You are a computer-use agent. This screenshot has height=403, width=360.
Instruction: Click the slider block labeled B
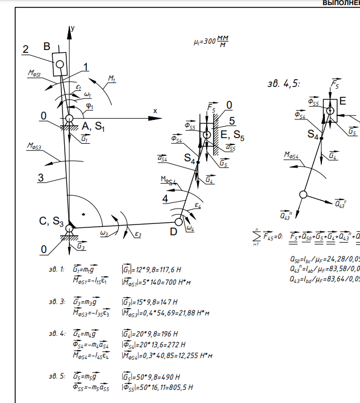60,64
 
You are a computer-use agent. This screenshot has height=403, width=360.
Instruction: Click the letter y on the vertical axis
73,28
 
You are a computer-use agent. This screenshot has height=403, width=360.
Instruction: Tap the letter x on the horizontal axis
154,110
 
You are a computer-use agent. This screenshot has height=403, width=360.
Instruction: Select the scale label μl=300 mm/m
214,41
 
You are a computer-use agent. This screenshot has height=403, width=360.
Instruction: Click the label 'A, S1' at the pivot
93,126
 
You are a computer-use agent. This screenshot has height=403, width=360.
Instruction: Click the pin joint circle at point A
69,118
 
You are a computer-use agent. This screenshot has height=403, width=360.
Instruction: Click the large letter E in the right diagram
342,101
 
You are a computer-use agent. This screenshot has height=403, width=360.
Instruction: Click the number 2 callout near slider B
26,49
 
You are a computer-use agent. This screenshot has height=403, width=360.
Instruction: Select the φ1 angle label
90,105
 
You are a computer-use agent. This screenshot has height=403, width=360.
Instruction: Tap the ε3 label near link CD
139,234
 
